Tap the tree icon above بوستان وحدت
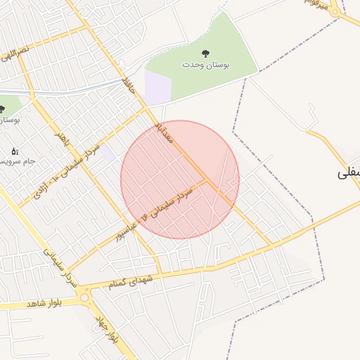tap(206, 53)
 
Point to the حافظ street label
tap(128, 87)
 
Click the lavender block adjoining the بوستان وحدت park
tap(158, 87)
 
